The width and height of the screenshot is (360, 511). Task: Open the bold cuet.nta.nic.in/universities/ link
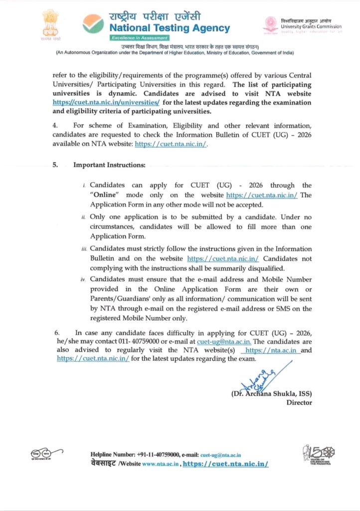coord(106,102)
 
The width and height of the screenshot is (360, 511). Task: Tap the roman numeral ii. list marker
coord(83,218)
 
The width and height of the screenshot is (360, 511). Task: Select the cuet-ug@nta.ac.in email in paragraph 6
coord(224,341)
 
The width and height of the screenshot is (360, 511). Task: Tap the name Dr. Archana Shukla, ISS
coord(272,393)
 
